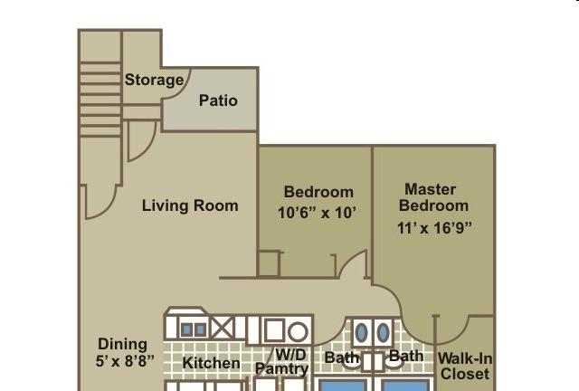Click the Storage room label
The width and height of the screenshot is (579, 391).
click(154, 81)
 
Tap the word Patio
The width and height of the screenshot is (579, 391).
click(218, 100)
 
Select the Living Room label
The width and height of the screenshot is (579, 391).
click(190, 205)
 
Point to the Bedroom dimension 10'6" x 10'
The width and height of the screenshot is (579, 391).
click(317, 213)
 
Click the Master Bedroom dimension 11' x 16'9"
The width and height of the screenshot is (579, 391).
click(434, 228)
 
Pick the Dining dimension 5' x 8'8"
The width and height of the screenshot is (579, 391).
click(125, 361)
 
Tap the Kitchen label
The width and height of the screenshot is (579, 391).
click(211, 363)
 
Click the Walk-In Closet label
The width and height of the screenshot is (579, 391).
click(465, 366)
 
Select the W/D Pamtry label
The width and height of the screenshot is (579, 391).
click(282, 361)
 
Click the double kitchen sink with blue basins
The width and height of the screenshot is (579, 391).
click(194, 329)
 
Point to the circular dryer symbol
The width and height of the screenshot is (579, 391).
click(298, 332)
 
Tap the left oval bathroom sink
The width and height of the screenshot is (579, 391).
click(362, 332)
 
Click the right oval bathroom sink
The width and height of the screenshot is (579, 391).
click(384, 332)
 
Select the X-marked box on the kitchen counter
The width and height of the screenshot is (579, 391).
click(223, 329)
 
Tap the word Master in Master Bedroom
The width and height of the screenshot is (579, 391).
click(431, 189)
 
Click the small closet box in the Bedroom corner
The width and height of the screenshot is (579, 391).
click(269, 263)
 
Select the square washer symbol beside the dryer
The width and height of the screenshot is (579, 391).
click(274, 329)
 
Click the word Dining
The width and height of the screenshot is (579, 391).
click(123, 345)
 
